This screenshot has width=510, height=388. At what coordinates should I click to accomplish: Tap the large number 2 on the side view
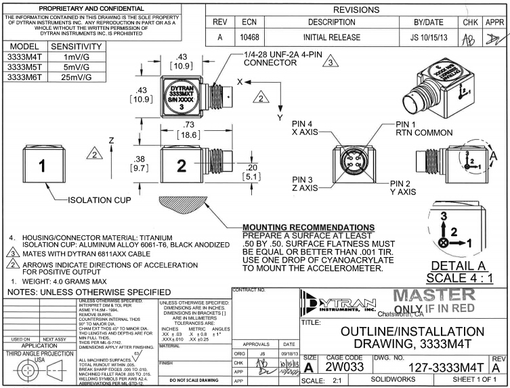click(x=182, y=166)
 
